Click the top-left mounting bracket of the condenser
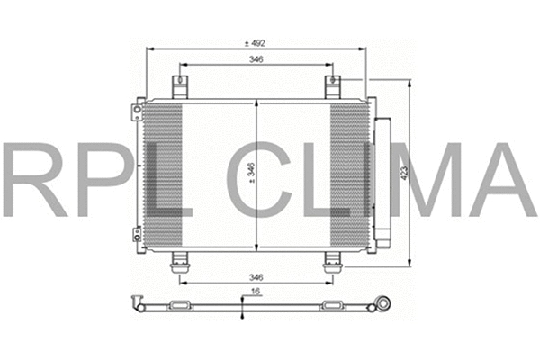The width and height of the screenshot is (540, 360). tap(180, 87)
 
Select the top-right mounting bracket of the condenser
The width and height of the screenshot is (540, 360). tap(333, 87)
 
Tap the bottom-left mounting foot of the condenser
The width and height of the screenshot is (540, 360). tap(179, 261)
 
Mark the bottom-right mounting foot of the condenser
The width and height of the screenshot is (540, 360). tap(332, 261)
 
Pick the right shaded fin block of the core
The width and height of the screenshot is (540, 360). tap(349, 175)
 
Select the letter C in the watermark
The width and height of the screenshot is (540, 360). tap(263, 179)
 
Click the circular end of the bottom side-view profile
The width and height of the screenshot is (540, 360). tap(384, 304)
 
